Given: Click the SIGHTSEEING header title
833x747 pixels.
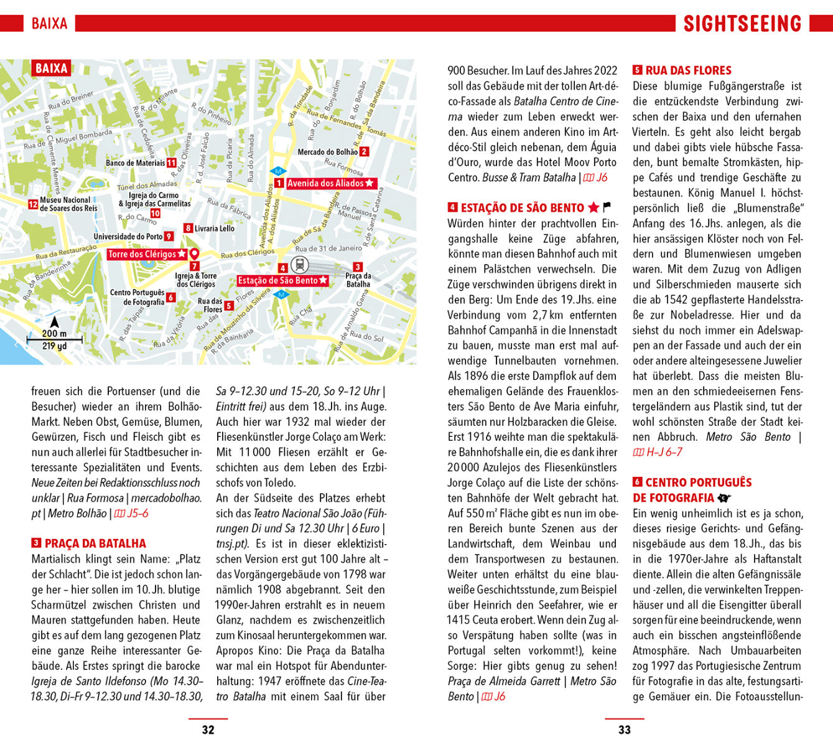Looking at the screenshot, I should (x=742, y=24).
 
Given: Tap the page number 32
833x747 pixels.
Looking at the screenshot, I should (x=208, y=730).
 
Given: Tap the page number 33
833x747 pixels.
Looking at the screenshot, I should (x=625, y=730).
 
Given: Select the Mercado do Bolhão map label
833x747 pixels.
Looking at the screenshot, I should (x=328, y=152).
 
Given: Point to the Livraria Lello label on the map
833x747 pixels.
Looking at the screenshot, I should (x=215, y=228).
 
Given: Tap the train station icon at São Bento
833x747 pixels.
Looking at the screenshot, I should (x=299, y=265).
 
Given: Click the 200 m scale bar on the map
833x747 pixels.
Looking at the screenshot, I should (x=54, y=340).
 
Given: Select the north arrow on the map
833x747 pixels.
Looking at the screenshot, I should (x=54, y=322).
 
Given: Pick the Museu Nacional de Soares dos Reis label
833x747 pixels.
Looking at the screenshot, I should (x=68, y=204).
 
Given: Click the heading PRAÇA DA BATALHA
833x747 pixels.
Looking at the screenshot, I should (x=95, y=543).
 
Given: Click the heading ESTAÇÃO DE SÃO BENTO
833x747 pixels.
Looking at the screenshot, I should (x=522, y=208).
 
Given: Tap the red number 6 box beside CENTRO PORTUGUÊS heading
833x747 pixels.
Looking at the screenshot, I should (x=637, y=482).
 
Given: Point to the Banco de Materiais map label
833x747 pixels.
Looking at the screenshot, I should (x=135, y=163).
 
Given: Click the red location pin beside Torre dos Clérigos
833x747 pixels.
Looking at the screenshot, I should (x=194, y=254).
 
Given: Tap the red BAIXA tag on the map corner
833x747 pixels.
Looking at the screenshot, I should (x=52, y=68).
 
